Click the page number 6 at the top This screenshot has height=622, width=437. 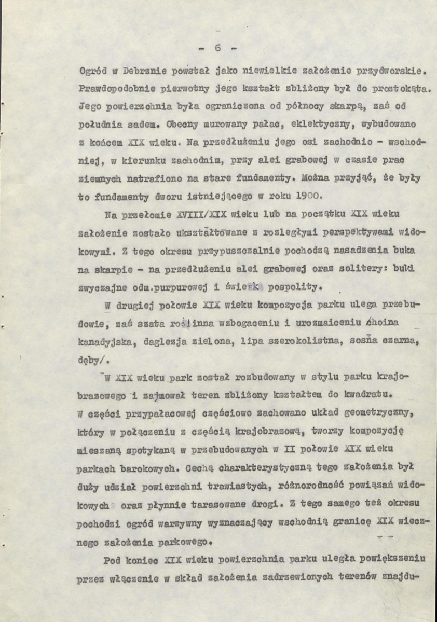tap(217, 47)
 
